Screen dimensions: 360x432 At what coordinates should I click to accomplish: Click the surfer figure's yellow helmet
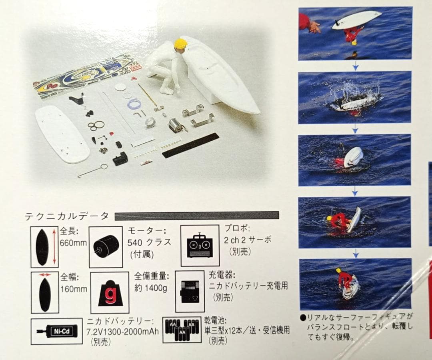point(180,44)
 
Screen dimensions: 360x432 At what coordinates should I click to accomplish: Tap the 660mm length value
point(73,242)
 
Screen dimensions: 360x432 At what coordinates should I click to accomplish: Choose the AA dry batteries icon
point(182,330)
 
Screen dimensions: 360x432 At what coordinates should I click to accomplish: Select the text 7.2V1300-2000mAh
point(122,331)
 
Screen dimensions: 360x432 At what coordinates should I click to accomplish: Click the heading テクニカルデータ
point(67,216)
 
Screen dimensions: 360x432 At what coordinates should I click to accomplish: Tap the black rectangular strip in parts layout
point(190,145)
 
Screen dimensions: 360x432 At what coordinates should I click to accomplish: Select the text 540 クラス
point(149,242)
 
